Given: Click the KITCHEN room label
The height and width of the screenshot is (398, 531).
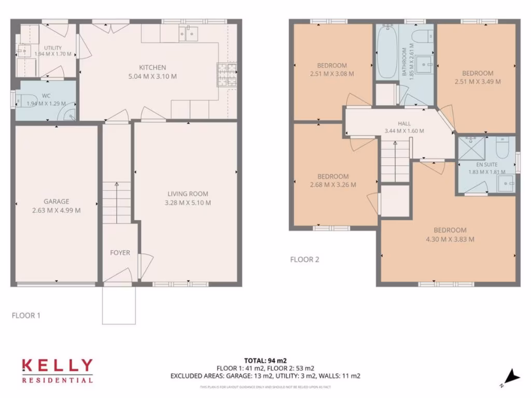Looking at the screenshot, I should [x=152, y=67].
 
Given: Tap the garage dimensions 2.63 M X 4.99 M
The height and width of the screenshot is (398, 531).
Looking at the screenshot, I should [x=56, y=210].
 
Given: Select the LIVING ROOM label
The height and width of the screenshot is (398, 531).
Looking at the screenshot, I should [x=187, y=194].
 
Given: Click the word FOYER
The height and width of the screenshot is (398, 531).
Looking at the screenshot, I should [x=120, y=253].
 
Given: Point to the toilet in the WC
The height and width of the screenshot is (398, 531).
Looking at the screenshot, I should [x=27, y=99].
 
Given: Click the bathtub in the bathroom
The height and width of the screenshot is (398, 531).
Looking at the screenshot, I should [x=386, y=52].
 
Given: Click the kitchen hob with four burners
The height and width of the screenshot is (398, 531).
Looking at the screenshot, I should [x=226, y=74].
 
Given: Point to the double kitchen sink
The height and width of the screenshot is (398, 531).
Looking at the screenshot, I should [x=187, y=34].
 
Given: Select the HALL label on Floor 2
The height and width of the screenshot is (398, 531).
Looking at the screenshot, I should [x=404, y=123].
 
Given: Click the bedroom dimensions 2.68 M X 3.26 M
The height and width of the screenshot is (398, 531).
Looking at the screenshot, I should [x=333, y=184].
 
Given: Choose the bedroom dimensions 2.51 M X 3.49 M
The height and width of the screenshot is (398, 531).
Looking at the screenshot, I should [x=478, y=81].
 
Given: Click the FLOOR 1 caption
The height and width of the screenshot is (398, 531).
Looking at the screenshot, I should [x=26, y=315].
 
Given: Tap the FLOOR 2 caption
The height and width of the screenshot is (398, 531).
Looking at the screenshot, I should [x=304, y=259].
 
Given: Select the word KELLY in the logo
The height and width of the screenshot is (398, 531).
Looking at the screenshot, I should [x=57, y=366].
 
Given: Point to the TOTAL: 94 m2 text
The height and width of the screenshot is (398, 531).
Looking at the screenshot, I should [x=265, y=360].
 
